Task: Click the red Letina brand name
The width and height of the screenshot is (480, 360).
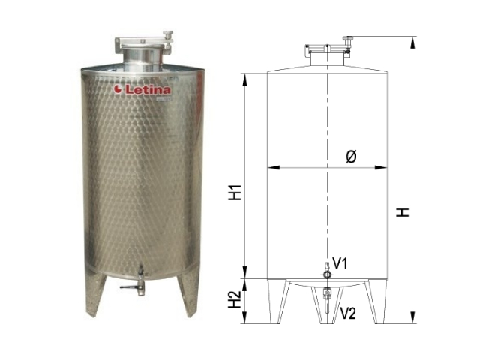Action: (148, 89)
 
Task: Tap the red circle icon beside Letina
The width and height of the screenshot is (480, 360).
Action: (118, 89)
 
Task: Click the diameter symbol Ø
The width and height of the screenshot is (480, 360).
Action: (351, 157)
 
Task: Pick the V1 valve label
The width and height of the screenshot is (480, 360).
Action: (340, 263)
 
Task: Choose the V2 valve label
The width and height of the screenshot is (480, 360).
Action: (348, 313)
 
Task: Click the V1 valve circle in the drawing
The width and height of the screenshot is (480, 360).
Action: (328, 274)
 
